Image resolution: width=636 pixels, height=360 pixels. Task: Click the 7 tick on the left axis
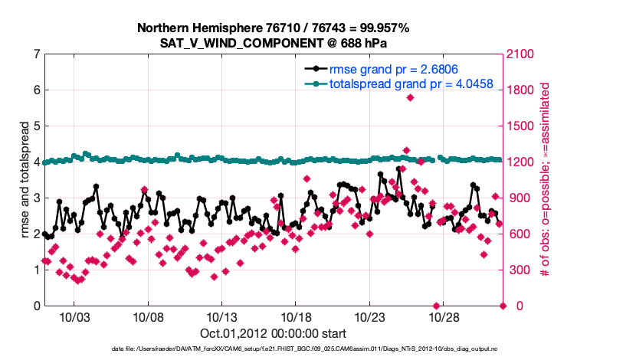coord(37,54)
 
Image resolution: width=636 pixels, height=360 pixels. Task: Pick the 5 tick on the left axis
coord(37,126)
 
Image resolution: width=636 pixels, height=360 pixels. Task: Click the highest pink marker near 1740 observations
coord(411,97)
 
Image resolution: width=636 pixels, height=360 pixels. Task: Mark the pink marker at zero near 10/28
coord(437,306)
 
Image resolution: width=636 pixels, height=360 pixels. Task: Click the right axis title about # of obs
coord(546,180)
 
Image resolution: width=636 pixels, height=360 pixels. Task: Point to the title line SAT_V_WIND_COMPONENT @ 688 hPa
coord(274,43)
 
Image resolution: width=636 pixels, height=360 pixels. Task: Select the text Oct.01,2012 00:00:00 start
coord(274,333)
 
